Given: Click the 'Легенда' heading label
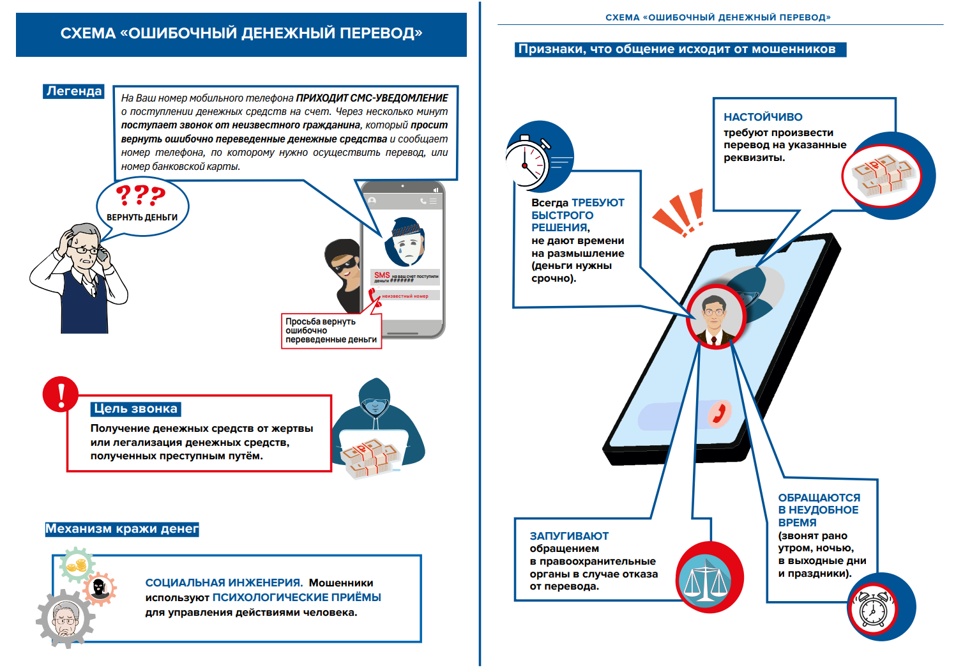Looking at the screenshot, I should point(74,91).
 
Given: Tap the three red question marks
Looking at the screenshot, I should point(140,195).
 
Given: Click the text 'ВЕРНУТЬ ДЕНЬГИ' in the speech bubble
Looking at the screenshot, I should point(142,217).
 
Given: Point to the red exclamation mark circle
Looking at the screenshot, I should point(61,394).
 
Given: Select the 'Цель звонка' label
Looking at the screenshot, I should point(135,409).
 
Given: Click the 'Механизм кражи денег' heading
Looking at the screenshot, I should point(122,529).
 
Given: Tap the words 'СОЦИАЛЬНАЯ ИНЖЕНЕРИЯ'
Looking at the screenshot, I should point(224,583).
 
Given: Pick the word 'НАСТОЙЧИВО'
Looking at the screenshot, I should point(763,117).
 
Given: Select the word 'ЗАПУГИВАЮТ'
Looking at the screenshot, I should point(569,536).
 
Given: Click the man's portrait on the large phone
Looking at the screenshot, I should point(715,317).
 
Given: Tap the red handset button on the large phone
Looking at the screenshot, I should point(720,413).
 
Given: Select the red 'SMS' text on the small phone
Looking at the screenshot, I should point(382,275).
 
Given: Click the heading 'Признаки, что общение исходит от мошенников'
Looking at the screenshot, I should point(680,49).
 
